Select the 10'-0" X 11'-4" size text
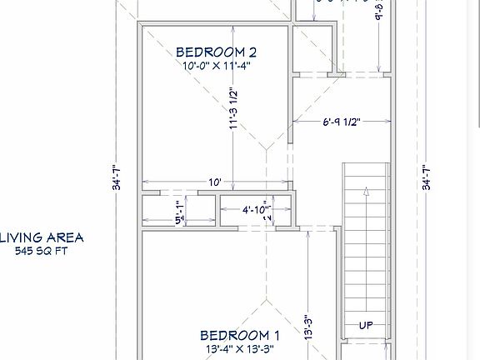[215, 65]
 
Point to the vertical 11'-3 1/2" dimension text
[234, 109]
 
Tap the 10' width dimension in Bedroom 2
[215, 182]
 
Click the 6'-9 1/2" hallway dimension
[342, 122]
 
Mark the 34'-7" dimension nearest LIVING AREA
[117, 177]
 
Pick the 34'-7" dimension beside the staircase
[426, 177]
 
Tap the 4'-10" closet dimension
[256, 211]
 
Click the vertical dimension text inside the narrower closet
[177, 212]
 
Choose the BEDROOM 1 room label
[234, 334]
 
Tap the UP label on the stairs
[365, 325]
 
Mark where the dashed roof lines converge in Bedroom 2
[265, 148]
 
